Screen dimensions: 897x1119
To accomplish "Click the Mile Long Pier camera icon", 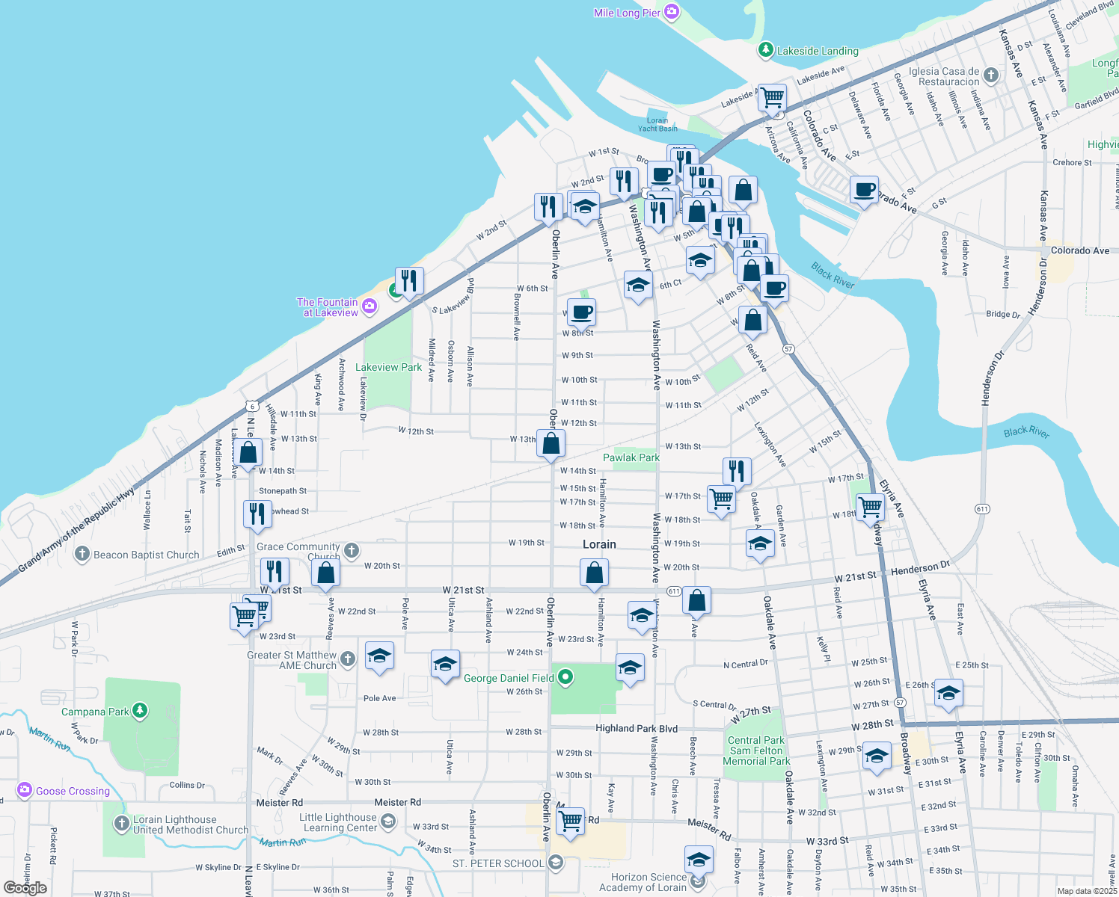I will click(671, 12).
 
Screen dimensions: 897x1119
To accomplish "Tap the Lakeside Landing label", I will click(817, 51).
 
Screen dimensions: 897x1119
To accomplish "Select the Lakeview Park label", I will click(388, 367).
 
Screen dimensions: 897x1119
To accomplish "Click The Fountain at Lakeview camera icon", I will click(369, 306).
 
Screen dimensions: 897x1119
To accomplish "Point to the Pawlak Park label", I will click(631, 457).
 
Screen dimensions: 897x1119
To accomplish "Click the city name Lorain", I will click(599, 544).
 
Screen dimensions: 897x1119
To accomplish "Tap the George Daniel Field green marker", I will click(566, 678).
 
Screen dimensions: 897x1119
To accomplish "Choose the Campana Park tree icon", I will click(139, 710).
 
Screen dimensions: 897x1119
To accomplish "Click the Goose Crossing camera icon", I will click(25, 790).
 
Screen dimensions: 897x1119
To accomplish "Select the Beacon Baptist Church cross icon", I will click(82, 555).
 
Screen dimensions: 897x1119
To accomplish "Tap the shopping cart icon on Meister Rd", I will click(571, 821).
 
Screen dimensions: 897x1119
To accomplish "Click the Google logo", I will click(25, 888).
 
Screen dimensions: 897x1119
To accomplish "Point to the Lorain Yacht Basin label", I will click(657, 124).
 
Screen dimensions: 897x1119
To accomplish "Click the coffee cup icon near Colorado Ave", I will click(864, 190).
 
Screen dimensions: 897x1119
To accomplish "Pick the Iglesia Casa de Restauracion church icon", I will click(991, 75).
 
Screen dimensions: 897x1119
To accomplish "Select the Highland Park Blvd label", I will click(636, 728).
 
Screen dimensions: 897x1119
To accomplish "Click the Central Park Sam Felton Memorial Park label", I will click(756, 750).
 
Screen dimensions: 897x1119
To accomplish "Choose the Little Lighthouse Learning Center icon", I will click(388, 822).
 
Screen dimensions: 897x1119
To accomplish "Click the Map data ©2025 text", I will click(1086, 891).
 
